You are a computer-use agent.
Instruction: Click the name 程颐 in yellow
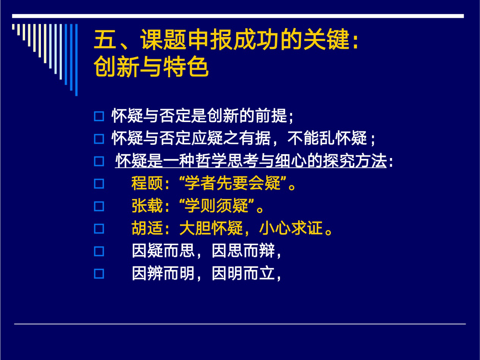click(x=147, y=183)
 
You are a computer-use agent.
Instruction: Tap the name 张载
click(x=147, y=206)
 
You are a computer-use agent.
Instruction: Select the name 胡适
click(x=147, y=229)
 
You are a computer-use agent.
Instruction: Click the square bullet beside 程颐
click(x=99, y=184)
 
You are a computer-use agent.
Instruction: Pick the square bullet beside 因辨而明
click(x=99, y=274)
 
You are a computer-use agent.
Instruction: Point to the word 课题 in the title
click(x=163, y=40)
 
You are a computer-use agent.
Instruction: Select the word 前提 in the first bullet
click(x=271, y=116)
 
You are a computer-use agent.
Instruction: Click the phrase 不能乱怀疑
click(x=327, y=138)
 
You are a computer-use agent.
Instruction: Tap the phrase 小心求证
click(x=291, y=229)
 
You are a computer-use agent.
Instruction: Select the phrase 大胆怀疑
click(x=211, y=229)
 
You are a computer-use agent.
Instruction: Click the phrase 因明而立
click(x=243, y=273)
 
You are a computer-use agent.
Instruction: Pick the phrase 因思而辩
click(x=243, y=250)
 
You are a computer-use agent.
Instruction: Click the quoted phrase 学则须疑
click(x=216, y=206)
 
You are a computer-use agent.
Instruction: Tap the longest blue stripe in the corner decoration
click(x=76, y=60)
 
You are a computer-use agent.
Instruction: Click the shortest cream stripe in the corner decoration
click(x=13, y=27)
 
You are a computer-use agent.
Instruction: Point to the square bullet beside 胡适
click(x=99, y=229)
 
